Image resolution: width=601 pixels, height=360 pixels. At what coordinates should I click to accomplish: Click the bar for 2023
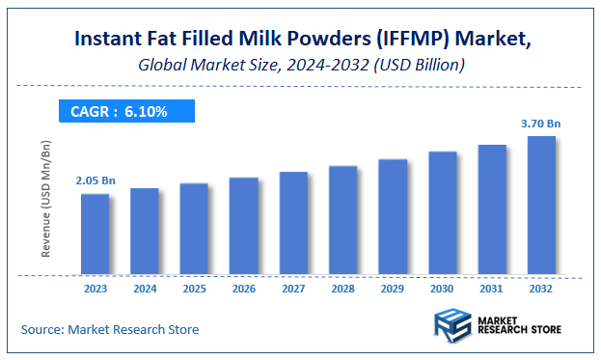tap(95, 234)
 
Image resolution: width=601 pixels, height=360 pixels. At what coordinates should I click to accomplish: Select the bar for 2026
tap(243, 226)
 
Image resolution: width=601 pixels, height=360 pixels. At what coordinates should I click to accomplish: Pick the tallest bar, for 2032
tap(541, 205)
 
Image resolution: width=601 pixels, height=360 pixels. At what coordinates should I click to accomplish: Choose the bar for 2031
tap(492, 209)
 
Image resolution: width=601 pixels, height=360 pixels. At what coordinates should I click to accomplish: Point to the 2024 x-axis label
tap(144, 288)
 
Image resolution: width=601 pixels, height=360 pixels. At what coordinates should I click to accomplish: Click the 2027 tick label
tap(293, 288)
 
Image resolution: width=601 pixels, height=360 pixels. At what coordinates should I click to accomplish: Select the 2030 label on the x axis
tap(442, 288)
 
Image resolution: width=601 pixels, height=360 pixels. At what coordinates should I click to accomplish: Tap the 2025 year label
tap(194, 288)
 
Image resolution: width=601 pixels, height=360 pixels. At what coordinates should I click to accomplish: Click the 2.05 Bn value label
tap(96, 180)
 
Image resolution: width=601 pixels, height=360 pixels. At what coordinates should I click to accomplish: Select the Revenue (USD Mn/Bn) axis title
tap(46, 199)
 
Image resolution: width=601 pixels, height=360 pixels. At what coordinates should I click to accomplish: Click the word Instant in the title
tap(108, 40)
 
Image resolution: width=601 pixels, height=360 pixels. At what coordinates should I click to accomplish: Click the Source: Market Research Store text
tap(110, 329)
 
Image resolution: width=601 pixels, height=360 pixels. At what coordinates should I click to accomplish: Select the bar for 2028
tap(342, 221)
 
